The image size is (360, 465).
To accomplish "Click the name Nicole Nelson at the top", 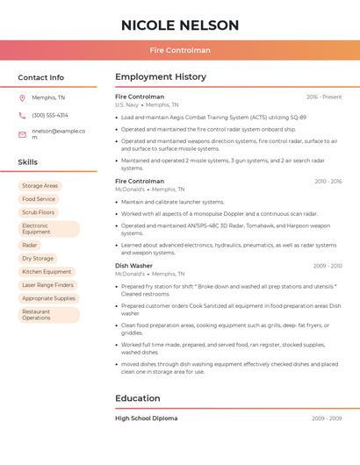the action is pyautogui.click(x=180, y=25).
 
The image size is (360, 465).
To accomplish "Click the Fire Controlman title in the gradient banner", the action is pyautogui.click(x=180, y=50).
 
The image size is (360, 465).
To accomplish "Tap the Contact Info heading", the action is pyautogui.click(x=41, y=77).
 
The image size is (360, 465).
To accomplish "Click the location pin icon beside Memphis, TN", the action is pyautogui.click(x=22, y=98).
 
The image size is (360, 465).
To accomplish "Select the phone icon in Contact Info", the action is pyautogui.click(x=22, y=116).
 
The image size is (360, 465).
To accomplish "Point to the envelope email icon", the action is pyautogui.click(x=22, y=134).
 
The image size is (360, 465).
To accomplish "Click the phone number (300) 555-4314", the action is pyautogui.click(x=50, y=116).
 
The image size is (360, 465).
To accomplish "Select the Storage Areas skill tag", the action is pyautogui.click(x=40, y=186).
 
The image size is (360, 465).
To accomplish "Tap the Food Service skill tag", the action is pyautogui.click(x=39, y=199).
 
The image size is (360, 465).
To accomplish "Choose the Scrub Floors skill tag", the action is pyautogui.click(x=38, y=212).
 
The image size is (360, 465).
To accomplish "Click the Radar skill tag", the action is pyautogui.click(x=30, y=245).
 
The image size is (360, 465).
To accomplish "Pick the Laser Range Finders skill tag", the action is pyautogui.click(x=47, y=285).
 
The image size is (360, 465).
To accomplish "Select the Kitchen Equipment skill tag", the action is pyautogui.click(x=47, y=272).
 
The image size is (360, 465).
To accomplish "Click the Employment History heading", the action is pyautogui.click(x=161, y=77).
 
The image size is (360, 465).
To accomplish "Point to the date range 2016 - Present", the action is pyautogui.click(x=324, y=97).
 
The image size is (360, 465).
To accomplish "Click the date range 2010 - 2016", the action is pyautogui.click(x=328, y=182).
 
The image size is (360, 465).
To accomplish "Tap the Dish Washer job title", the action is pyautogui.click(x=133, y=266).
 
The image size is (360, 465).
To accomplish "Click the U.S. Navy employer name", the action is pyautogui.click(x=126, y=105).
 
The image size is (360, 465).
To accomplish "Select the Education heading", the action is pyautogui.click(x=138, y=398).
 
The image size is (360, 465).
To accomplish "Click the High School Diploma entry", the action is pyautogui.click(x=146, y=418).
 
